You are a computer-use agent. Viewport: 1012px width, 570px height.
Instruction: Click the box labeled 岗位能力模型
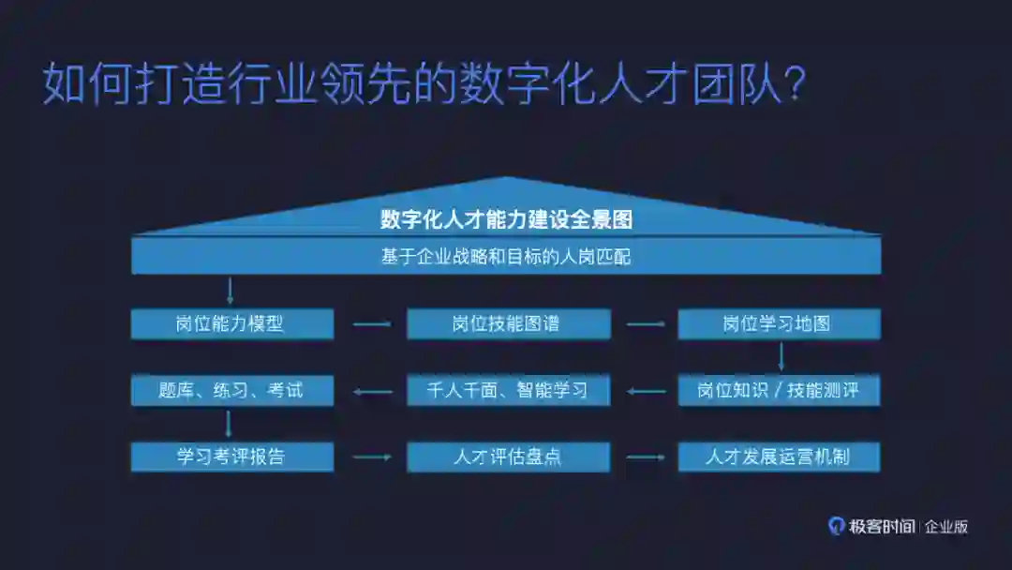[231, 324]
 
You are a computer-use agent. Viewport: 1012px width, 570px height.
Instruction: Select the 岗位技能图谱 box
[507, 324]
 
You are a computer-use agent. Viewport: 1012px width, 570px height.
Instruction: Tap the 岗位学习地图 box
[779, 324]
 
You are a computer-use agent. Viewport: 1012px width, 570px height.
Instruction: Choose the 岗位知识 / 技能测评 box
[779, 391]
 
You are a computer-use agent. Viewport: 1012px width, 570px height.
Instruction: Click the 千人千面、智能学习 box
[507, 391]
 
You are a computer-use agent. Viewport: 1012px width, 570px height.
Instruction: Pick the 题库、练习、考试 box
[231, 391]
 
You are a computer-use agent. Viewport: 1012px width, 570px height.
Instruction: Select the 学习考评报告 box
[231, 457]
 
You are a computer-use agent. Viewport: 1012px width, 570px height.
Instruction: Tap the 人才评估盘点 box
[507, 457]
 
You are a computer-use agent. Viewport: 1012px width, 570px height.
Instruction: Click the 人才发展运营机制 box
[779, 457]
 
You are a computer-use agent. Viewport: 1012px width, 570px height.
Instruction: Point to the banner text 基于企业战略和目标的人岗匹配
[506, 256]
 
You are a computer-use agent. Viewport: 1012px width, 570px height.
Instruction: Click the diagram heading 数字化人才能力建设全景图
[506, 220]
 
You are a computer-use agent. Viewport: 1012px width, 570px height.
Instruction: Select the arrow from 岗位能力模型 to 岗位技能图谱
[371, 325]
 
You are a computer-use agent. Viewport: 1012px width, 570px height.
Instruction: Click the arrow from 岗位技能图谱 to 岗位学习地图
[645, 325]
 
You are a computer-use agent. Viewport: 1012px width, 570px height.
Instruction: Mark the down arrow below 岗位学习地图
[781, 357]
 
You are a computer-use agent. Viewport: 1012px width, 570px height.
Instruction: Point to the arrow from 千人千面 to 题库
[371, 391]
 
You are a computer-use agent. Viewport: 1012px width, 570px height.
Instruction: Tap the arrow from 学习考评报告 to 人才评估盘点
[371, 457]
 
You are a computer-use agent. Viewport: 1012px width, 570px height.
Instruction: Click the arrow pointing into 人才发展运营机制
[645, 457]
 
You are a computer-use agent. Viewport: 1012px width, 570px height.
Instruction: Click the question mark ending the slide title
[793, 85]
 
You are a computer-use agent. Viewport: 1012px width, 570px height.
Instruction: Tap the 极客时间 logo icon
[836, 526]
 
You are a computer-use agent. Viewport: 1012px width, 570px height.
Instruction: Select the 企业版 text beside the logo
[945, 527]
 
